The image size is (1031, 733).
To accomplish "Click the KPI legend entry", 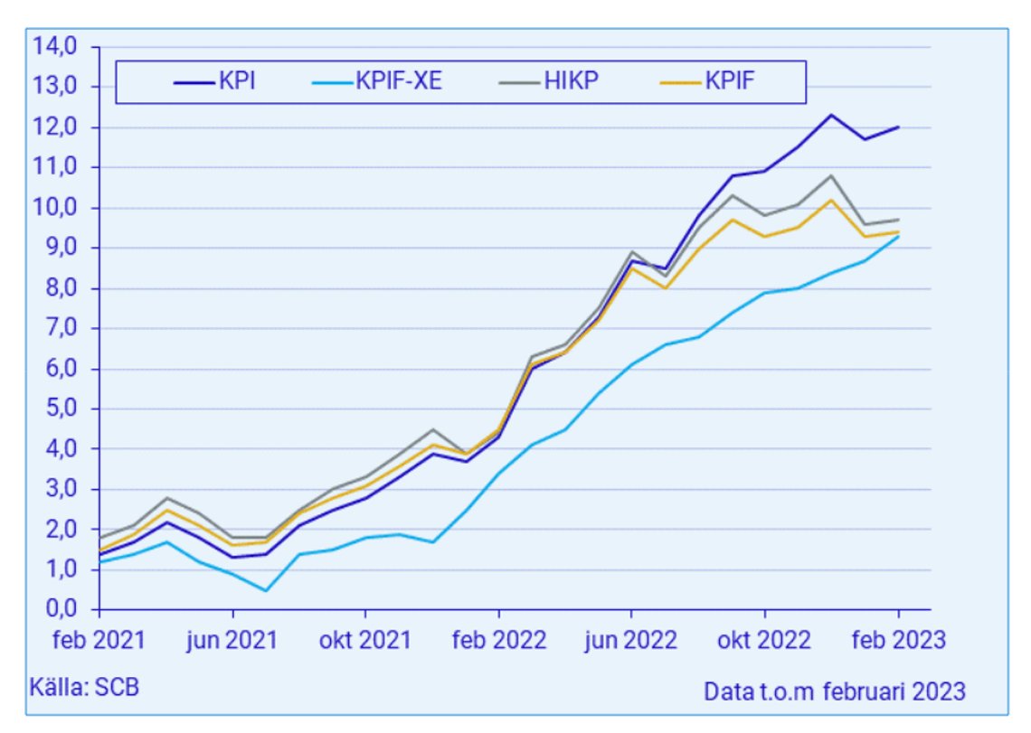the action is point(215,81).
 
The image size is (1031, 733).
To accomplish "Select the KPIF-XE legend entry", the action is point(377,81).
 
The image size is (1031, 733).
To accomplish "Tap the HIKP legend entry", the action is point(549,81).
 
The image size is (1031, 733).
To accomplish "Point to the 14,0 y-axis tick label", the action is point(55,46).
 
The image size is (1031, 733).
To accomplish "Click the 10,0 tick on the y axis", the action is point(55,208).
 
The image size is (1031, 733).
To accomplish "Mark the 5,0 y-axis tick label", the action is point(61,409).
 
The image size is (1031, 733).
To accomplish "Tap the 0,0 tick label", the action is point(61,609).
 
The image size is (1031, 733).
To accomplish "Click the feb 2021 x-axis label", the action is point(99,640).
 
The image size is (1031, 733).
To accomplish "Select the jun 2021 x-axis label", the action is point(232,640).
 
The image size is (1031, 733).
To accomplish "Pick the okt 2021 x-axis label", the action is point(365,640).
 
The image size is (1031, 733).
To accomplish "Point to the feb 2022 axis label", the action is point(499,640).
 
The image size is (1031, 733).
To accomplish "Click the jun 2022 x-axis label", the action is point(630,640).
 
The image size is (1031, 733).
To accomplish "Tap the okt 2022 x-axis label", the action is point(764,640).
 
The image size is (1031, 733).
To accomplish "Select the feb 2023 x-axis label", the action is point(899,640).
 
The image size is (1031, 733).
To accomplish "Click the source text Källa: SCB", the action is point(84,687).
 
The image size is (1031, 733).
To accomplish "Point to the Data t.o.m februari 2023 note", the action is point(835,691).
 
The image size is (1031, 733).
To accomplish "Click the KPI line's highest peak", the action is point(831,115).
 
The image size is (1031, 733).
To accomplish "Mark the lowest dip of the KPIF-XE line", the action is point(266,591).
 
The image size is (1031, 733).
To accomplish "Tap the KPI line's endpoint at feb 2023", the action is point(898,127).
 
